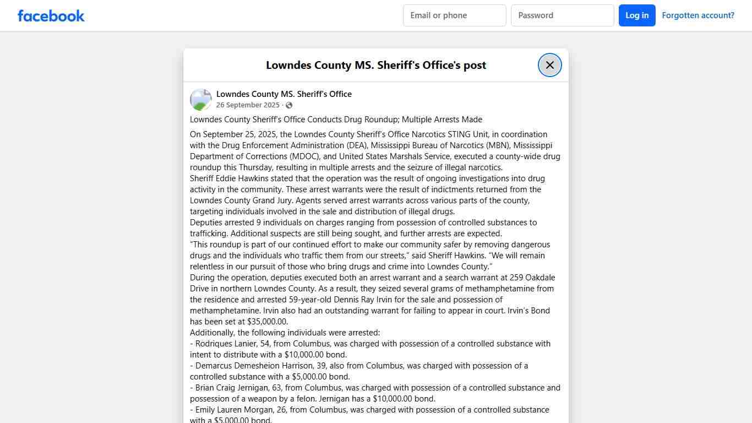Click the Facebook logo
click(51, 15)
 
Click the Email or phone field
click(454, 15)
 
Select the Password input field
click(562, 15)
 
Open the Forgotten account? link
click(697, 15)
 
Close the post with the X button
click(549, 65)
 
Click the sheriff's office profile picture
click(201, 100)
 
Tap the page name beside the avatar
click(284, 94)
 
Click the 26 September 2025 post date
click(248, 105)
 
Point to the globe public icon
click(289, 105)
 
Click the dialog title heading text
click(375, 65)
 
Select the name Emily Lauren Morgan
click(234, 410)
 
